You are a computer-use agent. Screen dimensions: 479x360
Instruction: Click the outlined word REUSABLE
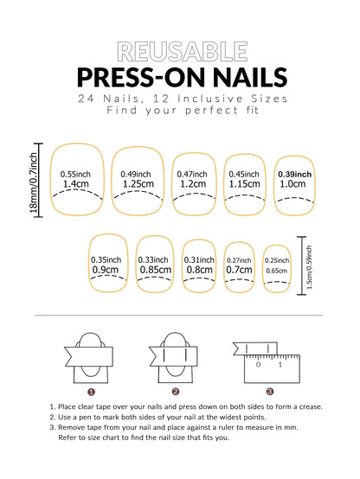point(179,52)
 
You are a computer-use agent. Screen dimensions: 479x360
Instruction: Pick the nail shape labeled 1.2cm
point(193,181)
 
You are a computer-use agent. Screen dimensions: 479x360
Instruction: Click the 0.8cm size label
point(199,270)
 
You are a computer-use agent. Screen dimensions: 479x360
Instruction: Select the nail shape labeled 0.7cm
point(240,265)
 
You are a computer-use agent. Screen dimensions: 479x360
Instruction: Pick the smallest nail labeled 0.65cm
point(277,265)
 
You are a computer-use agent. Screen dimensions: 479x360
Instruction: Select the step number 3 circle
point(269,391)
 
